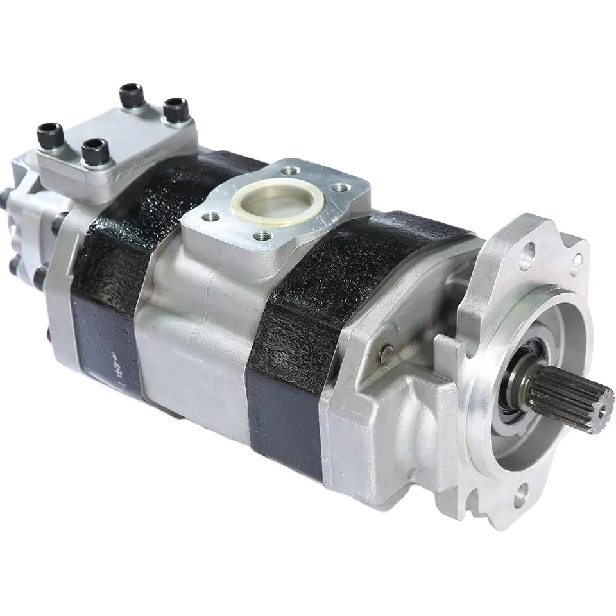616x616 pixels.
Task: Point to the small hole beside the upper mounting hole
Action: (576, 260)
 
